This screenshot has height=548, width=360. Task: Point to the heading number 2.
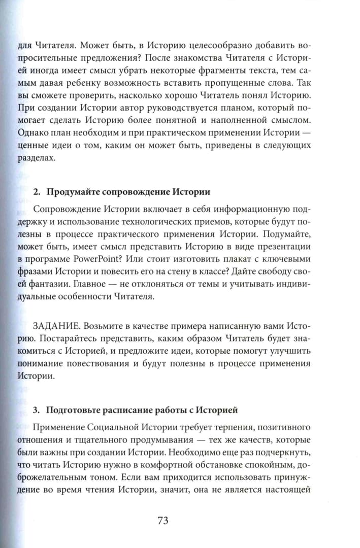(x=36, y=192)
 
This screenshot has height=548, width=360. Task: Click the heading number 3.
(x=36, y=409)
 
